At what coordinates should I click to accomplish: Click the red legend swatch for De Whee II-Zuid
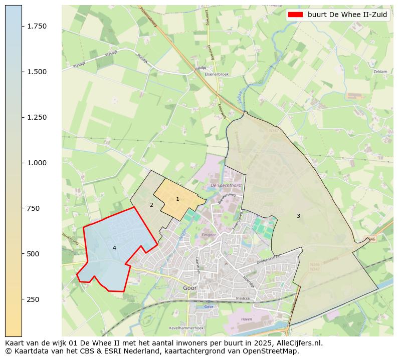tap(296, 15)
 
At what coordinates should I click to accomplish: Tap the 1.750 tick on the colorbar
tap(37, 26)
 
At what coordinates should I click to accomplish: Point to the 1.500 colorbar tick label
tap(37, 72)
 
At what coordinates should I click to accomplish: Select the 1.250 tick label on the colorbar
tap(37, 117)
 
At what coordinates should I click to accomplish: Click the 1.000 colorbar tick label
tap(37, 163)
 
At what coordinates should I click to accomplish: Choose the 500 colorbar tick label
tap(34, 254)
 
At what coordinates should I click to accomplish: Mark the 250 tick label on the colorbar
tap(34, 299)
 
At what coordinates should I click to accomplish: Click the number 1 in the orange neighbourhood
tap(177, 199)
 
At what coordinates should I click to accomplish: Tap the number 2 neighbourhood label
tap(151, 205)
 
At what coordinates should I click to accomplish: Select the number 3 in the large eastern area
tap(298, 216)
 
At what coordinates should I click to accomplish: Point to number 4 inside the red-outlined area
tap(114, 248)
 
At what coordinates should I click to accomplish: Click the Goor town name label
tap(189, 288)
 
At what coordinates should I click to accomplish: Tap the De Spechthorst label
tap(226, 185)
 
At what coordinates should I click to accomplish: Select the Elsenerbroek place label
tap(217, 74)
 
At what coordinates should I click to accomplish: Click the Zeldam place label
tap(380, 72)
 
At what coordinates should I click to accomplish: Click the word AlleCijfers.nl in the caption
tap(294, 343)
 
